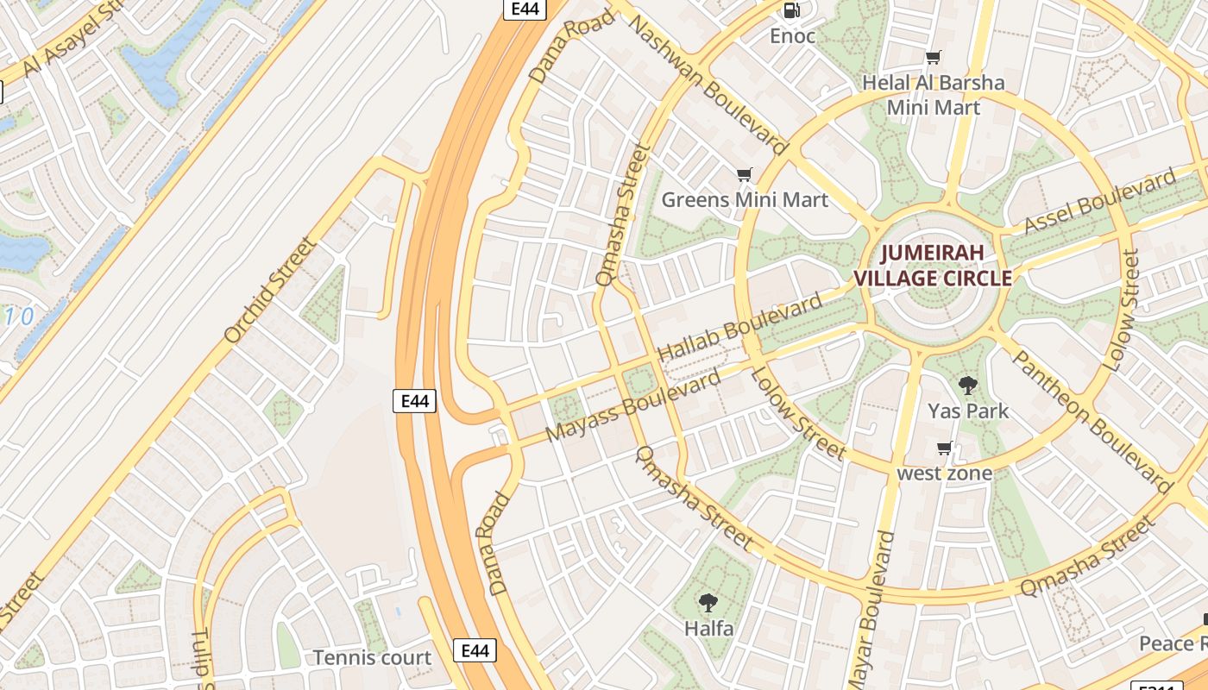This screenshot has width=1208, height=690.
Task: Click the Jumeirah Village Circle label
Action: (x=933, y=266)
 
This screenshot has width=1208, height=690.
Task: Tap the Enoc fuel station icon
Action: (x=790, y=10)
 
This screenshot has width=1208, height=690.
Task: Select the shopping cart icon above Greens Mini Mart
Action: (x=745, y=175)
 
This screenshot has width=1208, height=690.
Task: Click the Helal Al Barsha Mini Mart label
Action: (x=934, y=95)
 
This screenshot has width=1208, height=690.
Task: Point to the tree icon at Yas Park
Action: (x=967, y=386)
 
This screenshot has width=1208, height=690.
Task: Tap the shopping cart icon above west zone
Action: (x=944, y=448)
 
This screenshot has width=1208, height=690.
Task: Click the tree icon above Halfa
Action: (x=708, y=602)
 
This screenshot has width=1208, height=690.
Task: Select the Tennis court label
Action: (x=372, y=657)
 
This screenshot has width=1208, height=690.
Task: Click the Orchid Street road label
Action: (x=270, y=290)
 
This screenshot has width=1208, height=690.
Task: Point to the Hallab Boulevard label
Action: (x=740, y=328)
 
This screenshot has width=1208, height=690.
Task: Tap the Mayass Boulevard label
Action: (x=634, y=407)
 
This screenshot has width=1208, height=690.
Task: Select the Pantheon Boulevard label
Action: (x=1092, y=421)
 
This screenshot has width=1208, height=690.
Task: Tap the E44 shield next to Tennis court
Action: (x=475, y=650)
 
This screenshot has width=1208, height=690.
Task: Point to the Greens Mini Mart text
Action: (x=745, y=200)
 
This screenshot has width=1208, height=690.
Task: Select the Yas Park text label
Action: (x=968, y=411)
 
